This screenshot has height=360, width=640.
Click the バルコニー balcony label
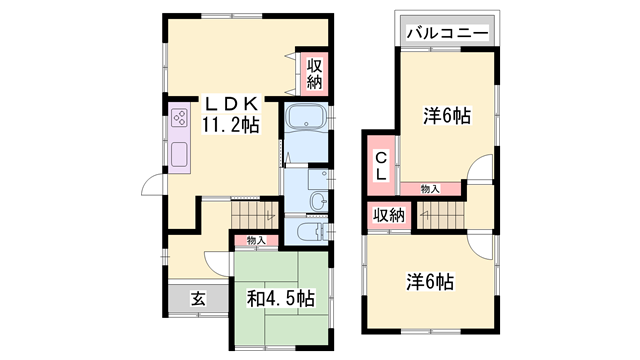pos(448,34)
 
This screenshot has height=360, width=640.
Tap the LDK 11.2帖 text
pos(232,115)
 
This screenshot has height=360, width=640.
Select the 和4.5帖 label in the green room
pos(281,298)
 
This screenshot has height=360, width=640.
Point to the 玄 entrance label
pos(198,298)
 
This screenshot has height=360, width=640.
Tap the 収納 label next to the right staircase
pos(388,216)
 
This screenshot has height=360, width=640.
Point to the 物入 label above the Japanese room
pos(256,240)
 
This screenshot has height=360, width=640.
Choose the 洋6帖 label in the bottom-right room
pos(430,281)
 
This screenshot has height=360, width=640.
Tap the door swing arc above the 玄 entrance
pos(217,263)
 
